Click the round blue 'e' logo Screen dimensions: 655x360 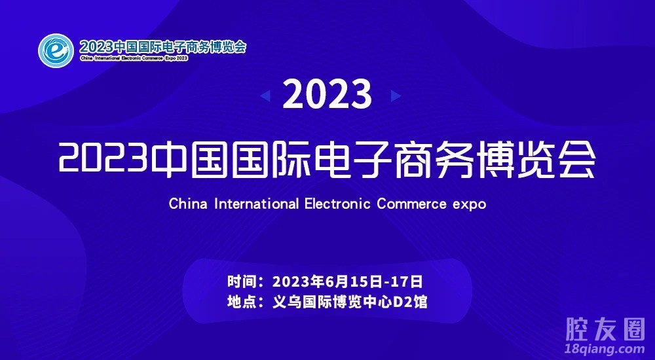(56, 50)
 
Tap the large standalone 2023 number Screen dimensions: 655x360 (327, 95)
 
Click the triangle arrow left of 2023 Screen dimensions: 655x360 (265, 96)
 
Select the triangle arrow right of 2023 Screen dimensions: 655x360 (396, 96)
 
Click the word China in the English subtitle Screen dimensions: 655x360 (188, 204)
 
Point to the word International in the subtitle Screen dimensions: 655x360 (257, 204)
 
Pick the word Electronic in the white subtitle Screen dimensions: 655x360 (337, 204)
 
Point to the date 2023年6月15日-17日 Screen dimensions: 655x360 (348, 281)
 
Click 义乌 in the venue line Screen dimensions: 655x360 (287, 302)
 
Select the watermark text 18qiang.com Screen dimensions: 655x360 (605, 348)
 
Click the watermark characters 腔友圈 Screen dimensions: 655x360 (606, 329)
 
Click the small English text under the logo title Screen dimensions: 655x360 (134, 58)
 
